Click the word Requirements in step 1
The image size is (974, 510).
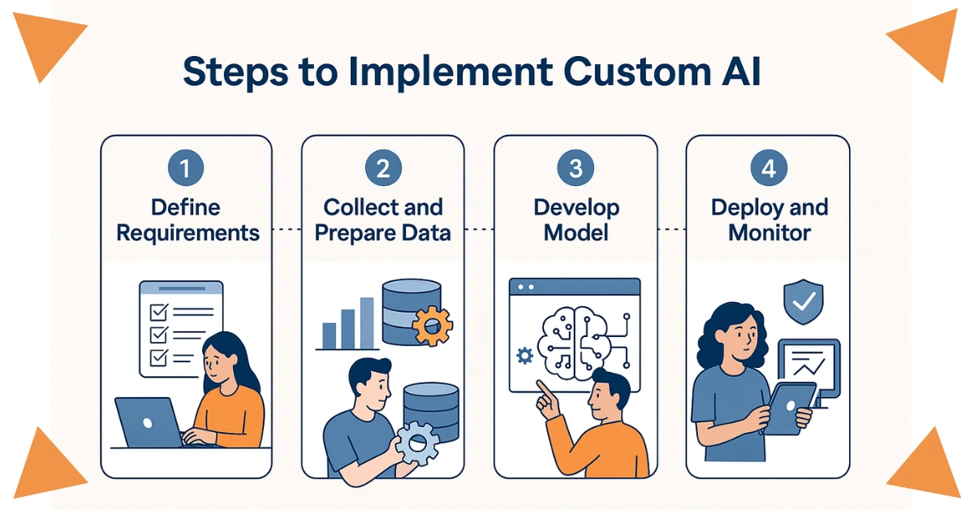point(187,233)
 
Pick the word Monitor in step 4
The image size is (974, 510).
point(769,233)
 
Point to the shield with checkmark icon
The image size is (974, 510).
point(804,303)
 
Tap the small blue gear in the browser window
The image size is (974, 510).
point(524,355)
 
